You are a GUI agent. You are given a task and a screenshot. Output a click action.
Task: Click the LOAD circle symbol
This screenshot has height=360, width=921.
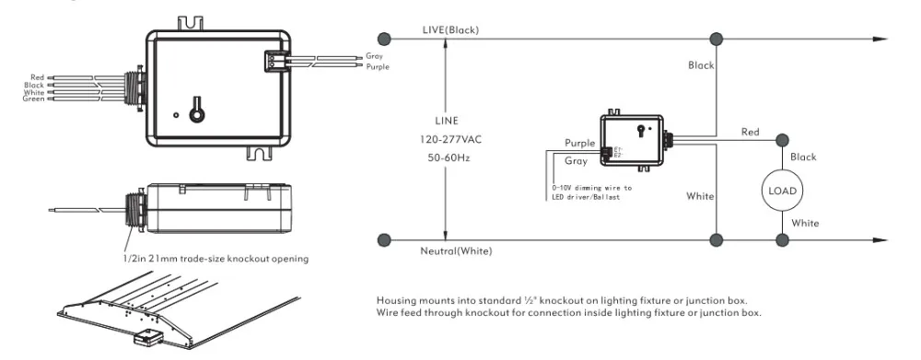pos(782,191)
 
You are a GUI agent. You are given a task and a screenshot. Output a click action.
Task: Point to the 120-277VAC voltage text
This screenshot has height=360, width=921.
pos(446,138)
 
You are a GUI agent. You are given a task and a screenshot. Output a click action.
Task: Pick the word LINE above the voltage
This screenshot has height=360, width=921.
pos(446,121)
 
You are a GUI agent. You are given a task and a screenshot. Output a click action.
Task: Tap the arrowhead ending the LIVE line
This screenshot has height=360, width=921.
pos(880,39)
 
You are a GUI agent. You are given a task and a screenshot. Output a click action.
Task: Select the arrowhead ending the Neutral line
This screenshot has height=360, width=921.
pos(880,239)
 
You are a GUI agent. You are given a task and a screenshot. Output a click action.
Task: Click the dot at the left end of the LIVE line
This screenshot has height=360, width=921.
pos(384,39)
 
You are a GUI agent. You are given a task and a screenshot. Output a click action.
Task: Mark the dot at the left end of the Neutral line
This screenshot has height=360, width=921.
pos(384,239)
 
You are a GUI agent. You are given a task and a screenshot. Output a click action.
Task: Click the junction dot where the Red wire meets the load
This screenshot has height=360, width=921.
pos(782,140)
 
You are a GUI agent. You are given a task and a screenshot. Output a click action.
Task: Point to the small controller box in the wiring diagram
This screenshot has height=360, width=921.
pos(632,141)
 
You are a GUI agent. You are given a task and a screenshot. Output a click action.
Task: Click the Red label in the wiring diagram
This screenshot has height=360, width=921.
pos(751,133)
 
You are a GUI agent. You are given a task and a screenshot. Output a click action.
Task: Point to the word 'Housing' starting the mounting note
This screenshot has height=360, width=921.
pos(393,301)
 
